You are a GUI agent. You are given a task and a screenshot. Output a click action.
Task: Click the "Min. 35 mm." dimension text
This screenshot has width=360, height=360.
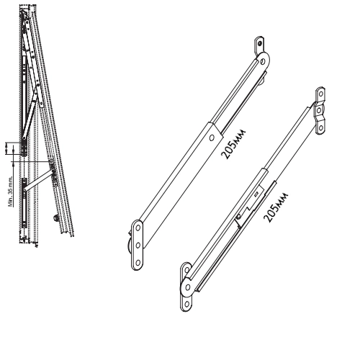[x=11, y=192]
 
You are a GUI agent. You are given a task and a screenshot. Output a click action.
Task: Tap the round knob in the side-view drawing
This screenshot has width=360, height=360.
[x=56, y=218]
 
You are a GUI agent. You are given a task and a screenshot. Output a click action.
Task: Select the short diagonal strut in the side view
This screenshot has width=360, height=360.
[x=38, y=180]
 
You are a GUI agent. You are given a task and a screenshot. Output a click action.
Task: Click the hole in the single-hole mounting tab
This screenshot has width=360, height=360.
[x=260, y=43]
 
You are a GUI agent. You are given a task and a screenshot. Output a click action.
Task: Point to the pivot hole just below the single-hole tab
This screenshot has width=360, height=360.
[x=263, y=62]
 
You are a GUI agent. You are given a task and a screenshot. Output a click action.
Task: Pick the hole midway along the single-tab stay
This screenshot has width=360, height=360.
[x=212, y=138]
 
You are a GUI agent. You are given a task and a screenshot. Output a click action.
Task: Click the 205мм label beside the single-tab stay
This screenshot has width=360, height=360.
[x=233, y=145]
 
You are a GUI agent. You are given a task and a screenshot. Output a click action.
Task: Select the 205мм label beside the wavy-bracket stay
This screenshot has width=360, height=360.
[x=276, y=207]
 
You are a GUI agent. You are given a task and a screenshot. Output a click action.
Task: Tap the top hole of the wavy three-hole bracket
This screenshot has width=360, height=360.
[x=320, y=94]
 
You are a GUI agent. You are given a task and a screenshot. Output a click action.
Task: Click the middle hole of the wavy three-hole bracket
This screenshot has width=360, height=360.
[x=319, y=111]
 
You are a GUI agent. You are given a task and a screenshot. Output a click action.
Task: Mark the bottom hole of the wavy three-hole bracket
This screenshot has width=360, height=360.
[x=320, y=127]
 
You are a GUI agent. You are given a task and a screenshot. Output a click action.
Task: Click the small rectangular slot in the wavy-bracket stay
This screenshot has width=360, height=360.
[x=256, y=194]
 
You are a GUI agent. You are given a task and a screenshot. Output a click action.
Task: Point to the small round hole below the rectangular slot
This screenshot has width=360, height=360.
[x=238, y=217]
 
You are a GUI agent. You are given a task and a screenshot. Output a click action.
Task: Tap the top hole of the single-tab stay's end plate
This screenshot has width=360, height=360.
[x=138, y=228]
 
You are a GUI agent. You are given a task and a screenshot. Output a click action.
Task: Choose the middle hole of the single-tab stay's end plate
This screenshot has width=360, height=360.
[x=138, y=246]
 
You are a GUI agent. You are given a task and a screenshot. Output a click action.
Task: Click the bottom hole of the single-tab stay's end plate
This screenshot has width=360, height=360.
[x=138, y=263]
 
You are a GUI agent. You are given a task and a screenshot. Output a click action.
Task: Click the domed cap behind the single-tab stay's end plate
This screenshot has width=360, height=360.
[x=130, y=246]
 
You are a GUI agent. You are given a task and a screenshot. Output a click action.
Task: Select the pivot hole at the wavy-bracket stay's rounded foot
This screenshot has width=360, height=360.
[x=188, y=287]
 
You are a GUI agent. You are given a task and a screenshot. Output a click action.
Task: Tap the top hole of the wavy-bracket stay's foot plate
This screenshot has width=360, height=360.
[x=186, y=270]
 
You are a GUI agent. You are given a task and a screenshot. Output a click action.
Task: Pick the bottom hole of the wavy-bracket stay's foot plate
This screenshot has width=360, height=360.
[x=186, y=305]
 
